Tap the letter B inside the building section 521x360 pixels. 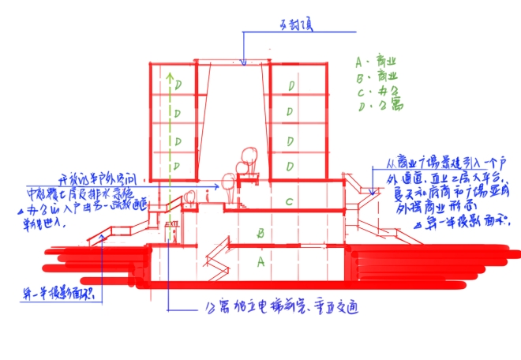tap(260, 234)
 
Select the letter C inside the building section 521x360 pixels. tap(290, 202)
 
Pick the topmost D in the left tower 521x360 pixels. tap(178, 84)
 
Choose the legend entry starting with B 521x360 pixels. tap(375, 77)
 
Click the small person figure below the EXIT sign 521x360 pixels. tap(174, 236)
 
